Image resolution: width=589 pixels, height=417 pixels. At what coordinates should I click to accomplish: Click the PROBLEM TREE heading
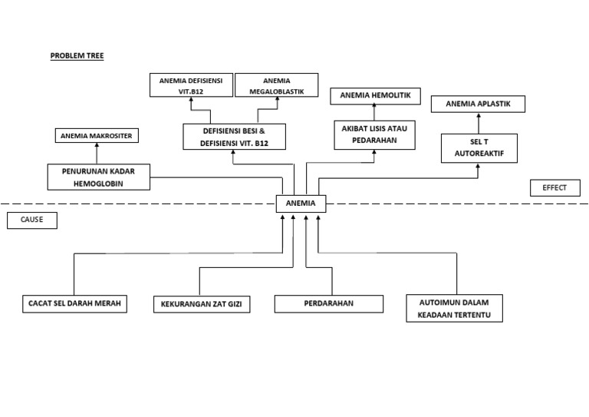click(x=77, y=56)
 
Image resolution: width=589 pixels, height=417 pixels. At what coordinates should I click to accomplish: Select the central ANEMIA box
click(x=301, y=204)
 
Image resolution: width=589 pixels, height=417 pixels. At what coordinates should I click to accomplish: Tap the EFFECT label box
click(x=554, y=188)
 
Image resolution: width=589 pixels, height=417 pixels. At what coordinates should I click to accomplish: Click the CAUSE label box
click(x=32, y=220)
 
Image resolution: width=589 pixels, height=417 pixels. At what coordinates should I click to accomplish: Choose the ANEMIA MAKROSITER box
click(x=97, y=136)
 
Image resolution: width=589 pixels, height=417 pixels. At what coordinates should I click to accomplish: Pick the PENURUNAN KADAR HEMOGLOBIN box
click(x=97, y=177)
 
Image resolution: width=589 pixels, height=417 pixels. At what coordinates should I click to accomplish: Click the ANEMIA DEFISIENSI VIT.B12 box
click(x=191, y=84)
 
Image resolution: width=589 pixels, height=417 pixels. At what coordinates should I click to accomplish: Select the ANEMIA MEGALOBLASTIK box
click(x=276, y=84)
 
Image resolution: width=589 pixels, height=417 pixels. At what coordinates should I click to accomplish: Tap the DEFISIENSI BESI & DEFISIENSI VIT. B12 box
click(x=234, y=137)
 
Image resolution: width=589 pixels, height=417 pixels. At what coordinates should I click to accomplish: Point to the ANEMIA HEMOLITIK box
click(x=375, y=96)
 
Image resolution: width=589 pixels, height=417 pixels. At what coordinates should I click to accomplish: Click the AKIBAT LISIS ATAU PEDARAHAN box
click(x=375, y=135)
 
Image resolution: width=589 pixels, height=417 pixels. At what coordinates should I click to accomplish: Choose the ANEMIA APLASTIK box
click(x=478, y=104)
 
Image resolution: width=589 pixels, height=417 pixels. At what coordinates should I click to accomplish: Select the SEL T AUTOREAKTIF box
click(x=479, y=148)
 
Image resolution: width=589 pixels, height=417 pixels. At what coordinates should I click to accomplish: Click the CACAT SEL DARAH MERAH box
click(x=74, y=304)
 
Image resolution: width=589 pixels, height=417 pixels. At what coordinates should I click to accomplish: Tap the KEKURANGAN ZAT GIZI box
click(x=202, y=305)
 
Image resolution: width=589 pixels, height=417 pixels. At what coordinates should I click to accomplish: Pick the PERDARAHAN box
click(x=328, y=304)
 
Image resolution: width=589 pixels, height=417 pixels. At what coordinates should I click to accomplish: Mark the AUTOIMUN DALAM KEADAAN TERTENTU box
click(x=455, y=307)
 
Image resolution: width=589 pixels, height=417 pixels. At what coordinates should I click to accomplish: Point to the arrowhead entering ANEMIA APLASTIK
click(x=478, y=115)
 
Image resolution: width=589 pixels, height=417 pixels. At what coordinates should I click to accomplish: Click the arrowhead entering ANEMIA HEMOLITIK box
click(x=375, y=108)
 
